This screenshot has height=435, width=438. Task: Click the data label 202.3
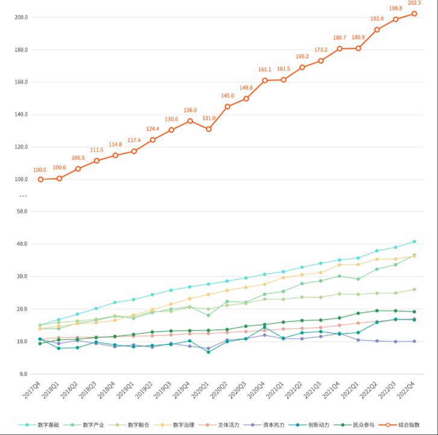click(414, 3)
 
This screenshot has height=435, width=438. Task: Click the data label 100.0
click(40, 170)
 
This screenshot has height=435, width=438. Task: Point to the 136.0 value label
click(190, 111)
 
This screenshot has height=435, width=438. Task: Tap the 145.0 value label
click(227, 96)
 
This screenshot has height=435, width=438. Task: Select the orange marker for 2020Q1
click(209, 129)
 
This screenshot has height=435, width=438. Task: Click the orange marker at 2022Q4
click(414, 13)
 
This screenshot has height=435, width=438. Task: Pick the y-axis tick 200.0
click(21, 17)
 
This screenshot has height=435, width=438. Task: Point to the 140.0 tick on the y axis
click(21, 114)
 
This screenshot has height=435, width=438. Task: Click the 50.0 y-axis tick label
click(22, 211)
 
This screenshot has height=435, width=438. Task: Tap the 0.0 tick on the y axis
click(24, 374)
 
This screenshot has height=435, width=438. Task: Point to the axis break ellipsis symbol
click(23, 196)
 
